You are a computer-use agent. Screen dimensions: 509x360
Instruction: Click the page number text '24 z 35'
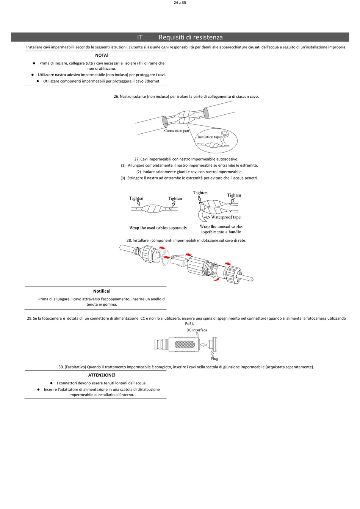tap(180, 3)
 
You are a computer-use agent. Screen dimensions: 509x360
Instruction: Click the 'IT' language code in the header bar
tap(140, 37)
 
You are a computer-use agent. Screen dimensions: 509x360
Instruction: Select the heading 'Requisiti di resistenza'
tap(191, 37)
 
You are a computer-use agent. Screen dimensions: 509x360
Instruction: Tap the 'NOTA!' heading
tap(102, 55)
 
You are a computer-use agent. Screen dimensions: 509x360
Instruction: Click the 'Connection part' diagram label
tap(177, 131)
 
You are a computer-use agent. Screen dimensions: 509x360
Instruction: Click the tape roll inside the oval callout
tap(225, 134)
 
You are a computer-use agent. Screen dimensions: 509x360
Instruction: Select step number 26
tap(116, 97)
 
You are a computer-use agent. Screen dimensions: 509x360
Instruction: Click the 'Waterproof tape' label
tap(226, 217)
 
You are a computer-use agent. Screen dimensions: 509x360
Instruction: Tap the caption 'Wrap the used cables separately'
tap(158, 228)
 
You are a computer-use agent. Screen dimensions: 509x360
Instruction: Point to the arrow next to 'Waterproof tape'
tap(207, 217)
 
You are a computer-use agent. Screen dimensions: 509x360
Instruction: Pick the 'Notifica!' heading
tap(102, 291)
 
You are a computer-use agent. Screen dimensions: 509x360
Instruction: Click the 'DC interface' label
tap(197, 330)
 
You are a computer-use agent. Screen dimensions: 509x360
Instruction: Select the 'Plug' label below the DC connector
tap(214, 359)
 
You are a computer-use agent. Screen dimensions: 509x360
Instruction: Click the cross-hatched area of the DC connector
tap(186, 345)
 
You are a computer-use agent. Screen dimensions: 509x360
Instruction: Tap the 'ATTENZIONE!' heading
tap(102, 375)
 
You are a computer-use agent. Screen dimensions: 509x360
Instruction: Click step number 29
tap(29, 319)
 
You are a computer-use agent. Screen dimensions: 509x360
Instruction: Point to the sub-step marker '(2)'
tap(139, 172)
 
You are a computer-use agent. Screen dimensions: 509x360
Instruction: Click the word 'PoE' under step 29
tap(189, 324)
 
